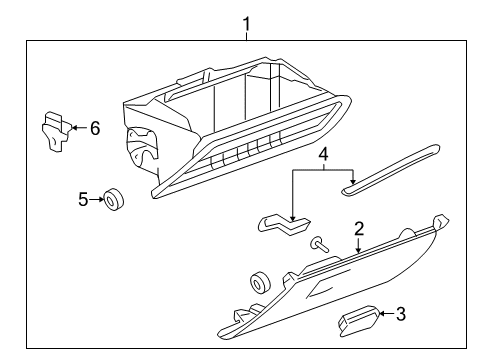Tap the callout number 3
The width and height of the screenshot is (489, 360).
[x=400, y=315]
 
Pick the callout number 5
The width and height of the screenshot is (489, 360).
[x=84, y=199]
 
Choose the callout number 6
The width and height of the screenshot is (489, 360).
[x=96, y=128]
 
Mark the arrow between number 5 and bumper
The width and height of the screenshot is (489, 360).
[x=101, y=200]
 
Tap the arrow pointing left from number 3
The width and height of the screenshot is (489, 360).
[x=385, y=315]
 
